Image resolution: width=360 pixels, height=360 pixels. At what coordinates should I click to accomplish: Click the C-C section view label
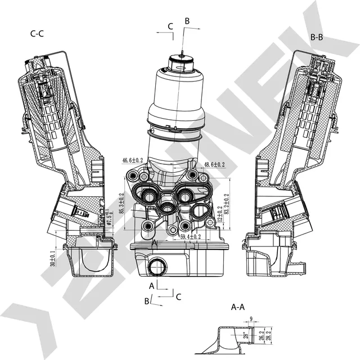click(37, 33)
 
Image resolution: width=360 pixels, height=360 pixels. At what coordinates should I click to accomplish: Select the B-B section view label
click(317, 37)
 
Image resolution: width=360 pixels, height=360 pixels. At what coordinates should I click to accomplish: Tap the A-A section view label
click(238, 307)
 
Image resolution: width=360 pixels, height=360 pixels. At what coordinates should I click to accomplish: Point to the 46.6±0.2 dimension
click(133, 161)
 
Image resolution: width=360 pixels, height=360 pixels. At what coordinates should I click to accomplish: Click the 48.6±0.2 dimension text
click(214, 164)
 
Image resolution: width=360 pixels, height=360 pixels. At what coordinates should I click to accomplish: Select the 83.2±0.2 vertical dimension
click(227, 208)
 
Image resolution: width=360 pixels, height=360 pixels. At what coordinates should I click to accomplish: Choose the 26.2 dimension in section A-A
click(261, 336)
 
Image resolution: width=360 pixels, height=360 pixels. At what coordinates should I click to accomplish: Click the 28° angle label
click(245, 336)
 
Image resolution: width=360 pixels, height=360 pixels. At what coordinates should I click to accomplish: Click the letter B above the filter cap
click(187, 21)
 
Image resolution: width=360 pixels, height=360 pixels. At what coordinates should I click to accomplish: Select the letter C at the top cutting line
click(170, 26)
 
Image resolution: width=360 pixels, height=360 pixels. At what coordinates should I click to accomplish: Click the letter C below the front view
click(178, 296)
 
